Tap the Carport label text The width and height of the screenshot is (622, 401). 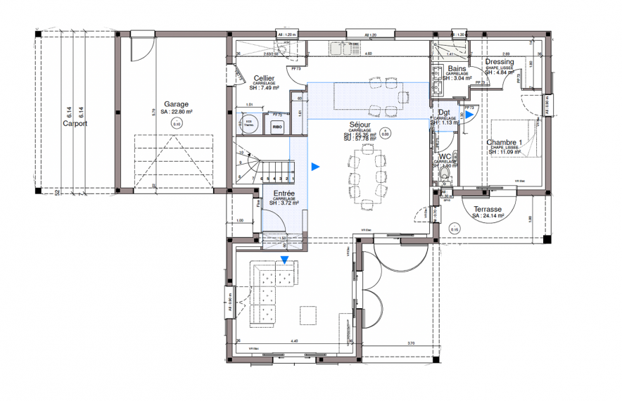point(75,124)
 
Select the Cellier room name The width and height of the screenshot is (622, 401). point(264,79)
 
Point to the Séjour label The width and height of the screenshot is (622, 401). point(360,125)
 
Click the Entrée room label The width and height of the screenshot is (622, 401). point(284,193)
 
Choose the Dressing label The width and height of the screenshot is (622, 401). point(500,62)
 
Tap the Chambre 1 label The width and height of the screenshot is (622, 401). point(504,143)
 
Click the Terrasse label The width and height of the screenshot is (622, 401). point(487,210)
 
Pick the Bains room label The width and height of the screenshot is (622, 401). point(457,68)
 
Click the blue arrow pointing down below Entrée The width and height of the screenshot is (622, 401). point(284,260)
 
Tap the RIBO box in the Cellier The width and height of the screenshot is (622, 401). point(277,127)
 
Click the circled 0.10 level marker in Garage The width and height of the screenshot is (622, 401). point(177,123)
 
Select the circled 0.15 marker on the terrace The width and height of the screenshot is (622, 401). point(455,229)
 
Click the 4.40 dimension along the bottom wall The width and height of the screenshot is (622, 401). point(295,341)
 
